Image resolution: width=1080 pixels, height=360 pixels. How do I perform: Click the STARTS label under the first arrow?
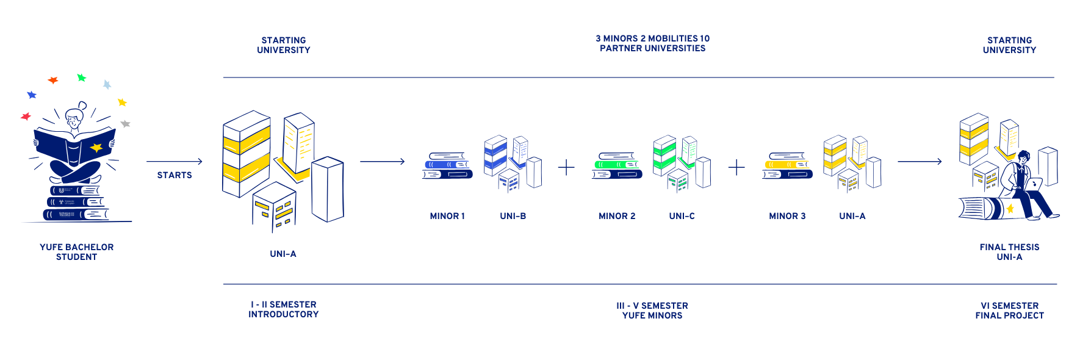click(x=175, y=175)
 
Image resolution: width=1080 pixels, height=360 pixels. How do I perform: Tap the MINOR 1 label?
click(x=447, y=216)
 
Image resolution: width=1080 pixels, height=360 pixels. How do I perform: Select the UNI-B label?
click(x=513, y=216)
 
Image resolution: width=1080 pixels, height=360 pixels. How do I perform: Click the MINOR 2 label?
click(x=617, y=216)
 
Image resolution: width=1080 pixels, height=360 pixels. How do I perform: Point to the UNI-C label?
click(x=682, y=216)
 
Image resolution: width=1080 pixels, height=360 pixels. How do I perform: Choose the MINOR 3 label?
click(x=787, y=216)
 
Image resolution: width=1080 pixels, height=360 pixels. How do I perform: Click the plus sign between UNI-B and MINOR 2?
click(x=566, y=167)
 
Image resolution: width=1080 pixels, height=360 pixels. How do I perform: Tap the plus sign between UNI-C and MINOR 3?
click(x=736, y=167)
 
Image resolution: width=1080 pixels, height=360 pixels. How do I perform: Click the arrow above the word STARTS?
click(x=175, y=162)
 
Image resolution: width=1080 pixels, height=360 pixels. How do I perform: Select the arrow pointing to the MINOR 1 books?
click(x=383, y=162)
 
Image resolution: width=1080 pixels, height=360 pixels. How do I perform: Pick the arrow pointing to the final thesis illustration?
click(x=920, y=162)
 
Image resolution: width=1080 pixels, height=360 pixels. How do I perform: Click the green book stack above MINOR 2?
click(x=617, y=165)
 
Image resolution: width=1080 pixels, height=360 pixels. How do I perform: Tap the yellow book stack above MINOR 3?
click(x=787, y=165)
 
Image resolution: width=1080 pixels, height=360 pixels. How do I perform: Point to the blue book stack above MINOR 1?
click(x=447, y=165)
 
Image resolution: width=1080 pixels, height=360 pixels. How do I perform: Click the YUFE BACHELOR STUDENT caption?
click(x=76, y=252)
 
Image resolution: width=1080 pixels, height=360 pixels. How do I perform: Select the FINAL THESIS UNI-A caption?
click(x=1009, y=252)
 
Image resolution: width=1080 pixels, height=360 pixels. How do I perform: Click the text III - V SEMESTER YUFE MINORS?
click(x=652, y=311)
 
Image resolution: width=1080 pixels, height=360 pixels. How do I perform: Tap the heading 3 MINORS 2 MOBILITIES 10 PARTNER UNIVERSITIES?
click(x=652, y=43)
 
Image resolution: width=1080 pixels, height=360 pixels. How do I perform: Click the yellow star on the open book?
click(x=96, y=148)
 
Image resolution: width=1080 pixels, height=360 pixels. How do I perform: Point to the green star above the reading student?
click(x=81, y=77)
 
